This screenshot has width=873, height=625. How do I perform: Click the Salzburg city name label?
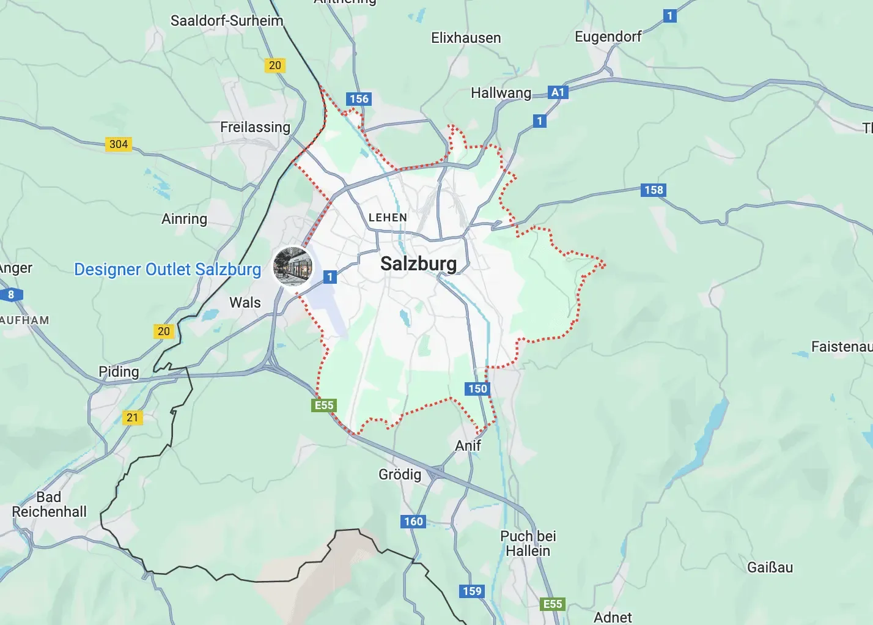coord(418,264)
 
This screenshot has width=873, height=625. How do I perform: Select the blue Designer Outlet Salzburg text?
coord(167,270)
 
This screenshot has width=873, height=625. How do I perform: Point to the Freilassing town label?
coord(255,127)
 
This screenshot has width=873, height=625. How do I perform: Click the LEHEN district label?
coord(388,218)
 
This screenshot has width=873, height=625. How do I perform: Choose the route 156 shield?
coord(359,99)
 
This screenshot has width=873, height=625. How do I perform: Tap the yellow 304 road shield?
coord(119,144)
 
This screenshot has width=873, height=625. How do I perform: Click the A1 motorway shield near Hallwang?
coord(558,92)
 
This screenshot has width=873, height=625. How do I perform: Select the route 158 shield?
coord(654,190)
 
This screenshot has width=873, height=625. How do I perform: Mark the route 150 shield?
coord(477,389)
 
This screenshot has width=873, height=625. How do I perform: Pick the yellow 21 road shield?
coord(133,418)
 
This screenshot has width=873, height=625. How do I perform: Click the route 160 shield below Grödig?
coord(413,522)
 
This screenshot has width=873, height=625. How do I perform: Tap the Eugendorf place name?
coord(608,37)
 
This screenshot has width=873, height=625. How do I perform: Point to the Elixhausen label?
coord(466,38)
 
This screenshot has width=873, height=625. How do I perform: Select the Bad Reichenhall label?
coord(49,505)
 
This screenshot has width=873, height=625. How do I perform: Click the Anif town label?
coord(468,446)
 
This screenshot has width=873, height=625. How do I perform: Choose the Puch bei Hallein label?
coord(528,543)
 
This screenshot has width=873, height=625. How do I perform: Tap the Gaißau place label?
coord(770,568)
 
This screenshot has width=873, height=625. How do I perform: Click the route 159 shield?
coord(472,591)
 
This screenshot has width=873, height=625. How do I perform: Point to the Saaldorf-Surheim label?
coord(227,21)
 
